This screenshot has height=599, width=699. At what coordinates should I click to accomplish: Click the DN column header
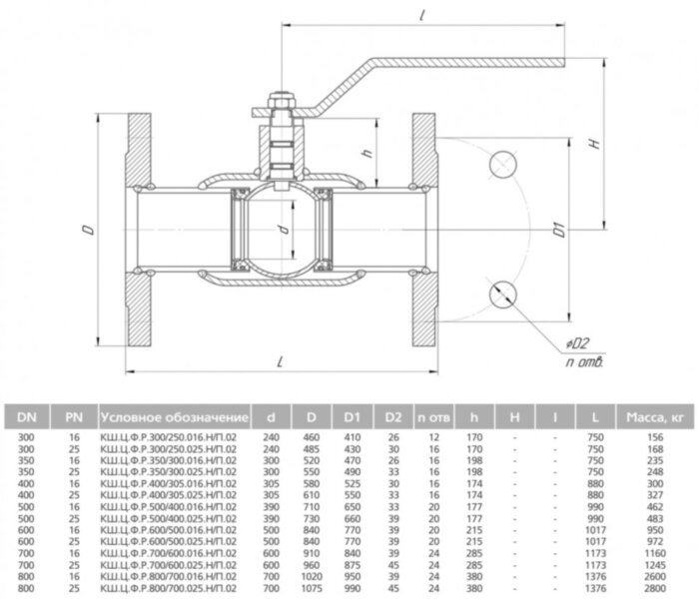(x=27, y=414)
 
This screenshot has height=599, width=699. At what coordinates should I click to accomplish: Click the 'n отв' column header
(x=433, y=414)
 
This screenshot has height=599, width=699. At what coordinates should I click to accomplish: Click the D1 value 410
(x=352, y=436)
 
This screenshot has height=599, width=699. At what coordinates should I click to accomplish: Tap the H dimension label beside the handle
(x=595, y=143)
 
